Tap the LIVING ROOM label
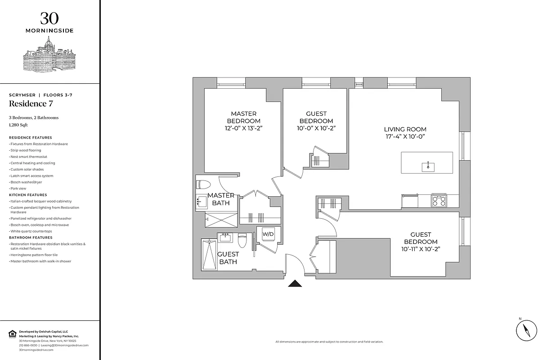pos(405,130)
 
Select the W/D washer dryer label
pos(268,234)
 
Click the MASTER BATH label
pos(220,199)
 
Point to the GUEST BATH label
pos(228,258)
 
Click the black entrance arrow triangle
pos(295,283)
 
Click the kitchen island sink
pos(428,167)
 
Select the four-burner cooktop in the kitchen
pos(439,200)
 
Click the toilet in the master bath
pos(204,184)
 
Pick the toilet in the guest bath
pos(242,240)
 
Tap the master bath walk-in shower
pos(221,220)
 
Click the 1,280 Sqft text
pos(18,126)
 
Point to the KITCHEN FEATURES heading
pos(28,195)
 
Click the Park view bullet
pos(18,189)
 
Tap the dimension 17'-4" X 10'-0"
pos(405,137)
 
